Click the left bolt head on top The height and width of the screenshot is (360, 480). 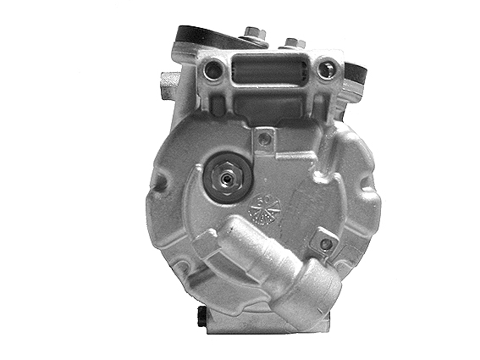(x=253, y=34)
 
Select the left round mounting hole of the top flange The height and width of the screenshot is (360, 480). (x=217, y=69)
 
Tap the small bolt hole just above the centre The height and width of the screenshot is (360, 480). (x=265, y=138)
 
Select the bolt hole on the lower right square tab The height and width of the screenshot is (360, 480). (x=323, y=244)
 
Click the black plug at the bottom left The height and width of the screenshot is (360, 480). (x=199, y=316)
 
